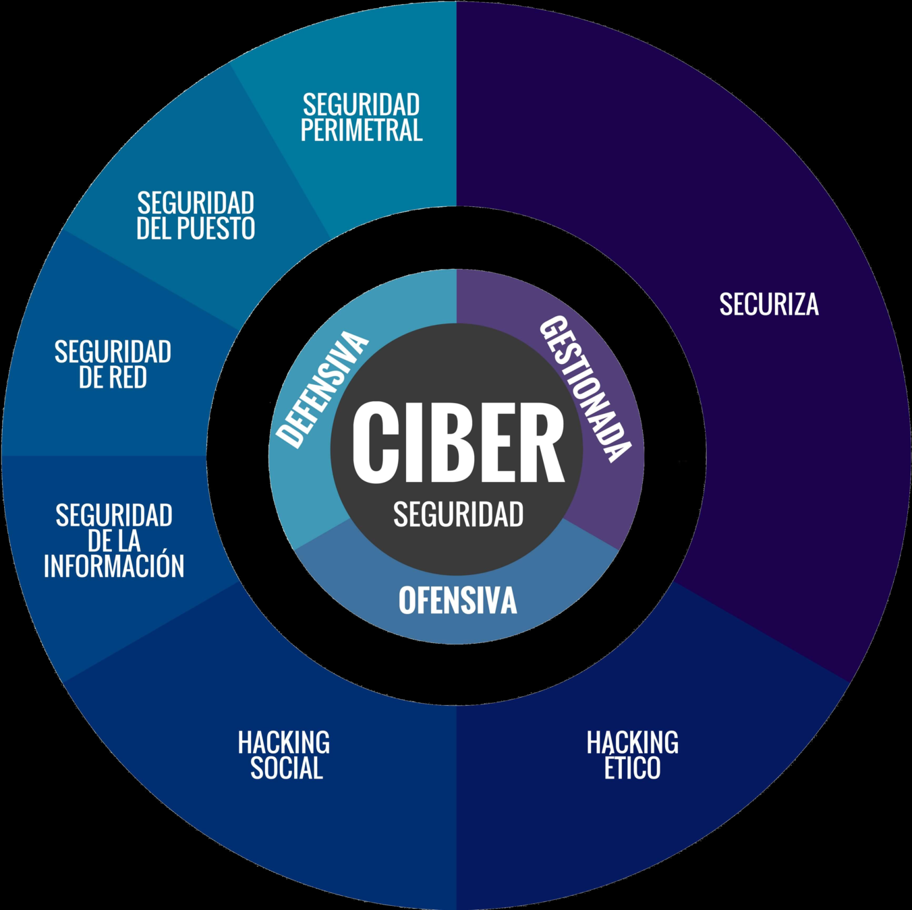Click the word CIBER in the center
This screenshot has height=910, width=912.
(x=458, y=443)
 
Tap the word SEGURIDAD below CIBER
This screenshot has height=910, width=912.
(x=458, y=515)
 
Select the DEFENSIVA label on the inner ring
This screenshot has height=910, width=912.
(x=322, y=390)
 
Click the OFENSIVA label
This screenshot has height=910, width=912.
(x=457, y=601)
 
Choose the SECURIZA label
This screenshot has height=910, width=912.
(x=769, y=305)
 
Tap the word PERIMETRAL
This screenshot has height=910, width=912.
(x=362, y=130)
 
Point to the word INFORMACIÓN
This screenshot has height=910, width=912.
(x=114, y=566)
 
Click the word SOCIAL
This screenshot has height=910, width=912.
(x=287, y=768)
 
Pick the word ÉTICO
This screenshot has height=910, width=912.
(x=632, y=768)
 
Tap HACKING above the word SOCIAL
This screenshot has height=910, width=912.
(x=284, y=743)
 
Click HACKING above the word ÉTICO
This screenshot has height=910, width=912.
(x=633, y=743)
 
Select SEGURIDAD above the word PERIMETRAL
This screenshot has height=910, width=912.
(x=362, y=105)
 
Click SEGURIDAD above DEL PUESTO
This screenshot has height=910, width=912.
(x=196, y=204)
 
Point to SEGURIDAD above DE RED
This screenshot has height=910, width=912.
(x=113, y=353)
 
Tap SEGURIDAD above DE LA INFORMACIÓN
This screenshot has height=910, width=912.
(x=114, y=516)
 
